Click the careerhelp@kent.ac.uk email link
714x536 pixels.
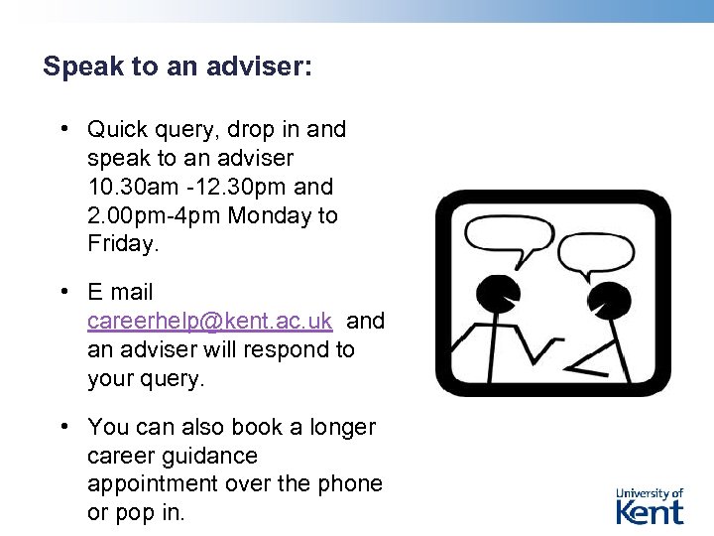(209, 322)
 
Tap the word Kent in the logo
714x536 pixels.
(650, 512)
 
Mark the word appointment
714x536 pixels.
(152, 484)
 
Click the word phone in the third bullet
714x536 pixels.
(351, 484)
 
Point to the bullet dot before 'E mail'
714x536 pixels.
(62, 291)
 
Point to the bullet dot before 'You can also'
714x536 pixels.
(62, 426)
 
